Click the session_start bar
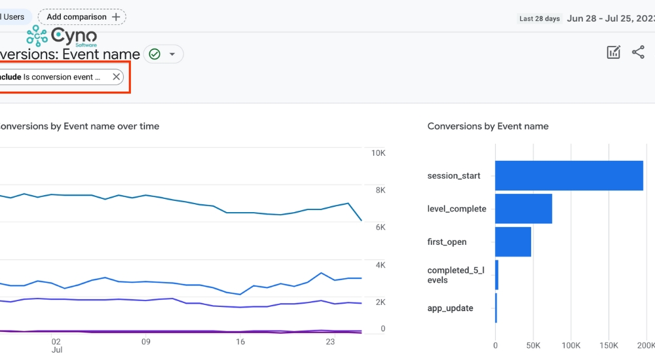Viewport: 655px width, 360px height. point(569,175)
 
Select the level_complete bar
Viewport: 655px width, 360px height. point(523,209)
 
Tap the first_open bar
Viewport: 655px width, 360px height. point(513,242)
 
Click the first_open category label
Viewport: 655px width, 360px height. point(447,242)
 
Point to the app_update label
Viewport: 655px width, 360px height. point(450,308)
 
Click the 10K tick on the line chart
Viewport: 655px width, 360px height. point(378,153)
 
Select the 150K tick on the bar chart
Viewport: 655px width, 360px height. point(608,345)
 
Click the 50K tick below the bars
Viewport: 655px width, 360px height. point(533,345)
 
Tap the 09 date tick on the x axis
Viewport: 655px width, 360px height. point(146,342)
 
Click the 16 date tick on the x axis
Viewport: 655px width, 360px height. point(240,342)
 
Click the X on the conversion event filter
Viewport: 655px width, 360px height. point(116,77)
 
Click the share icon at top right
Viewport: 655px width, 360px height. point(638,53)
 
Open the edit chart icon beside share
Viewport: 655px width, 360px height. point(613,53)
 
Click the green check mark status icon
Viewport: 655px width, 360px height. point(155,54)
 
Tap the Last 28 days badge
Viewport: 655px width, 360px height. point(539,18)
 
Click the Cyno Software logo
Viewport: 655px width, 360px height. point(62,36)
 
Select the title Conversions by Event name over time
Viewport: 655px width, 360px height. point(79,126)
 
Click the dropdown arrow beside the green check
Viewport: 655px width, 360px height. point(172,54)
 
